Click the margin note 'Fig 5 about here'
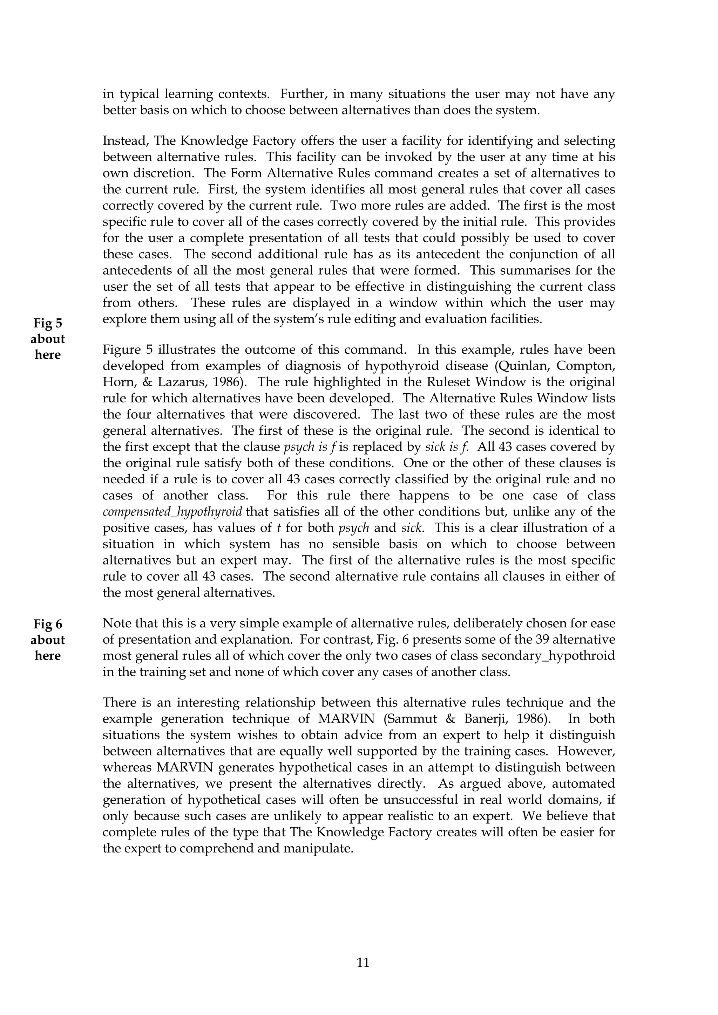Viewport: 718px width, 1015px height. pos(48,339)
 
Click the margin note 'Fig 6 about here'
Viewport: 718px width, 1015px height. pos(48,640)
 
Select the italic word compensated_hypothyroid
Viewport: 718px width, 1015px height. pos(172,512)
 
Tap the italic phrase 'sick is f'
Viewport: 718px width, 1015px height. pos(446,447)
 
